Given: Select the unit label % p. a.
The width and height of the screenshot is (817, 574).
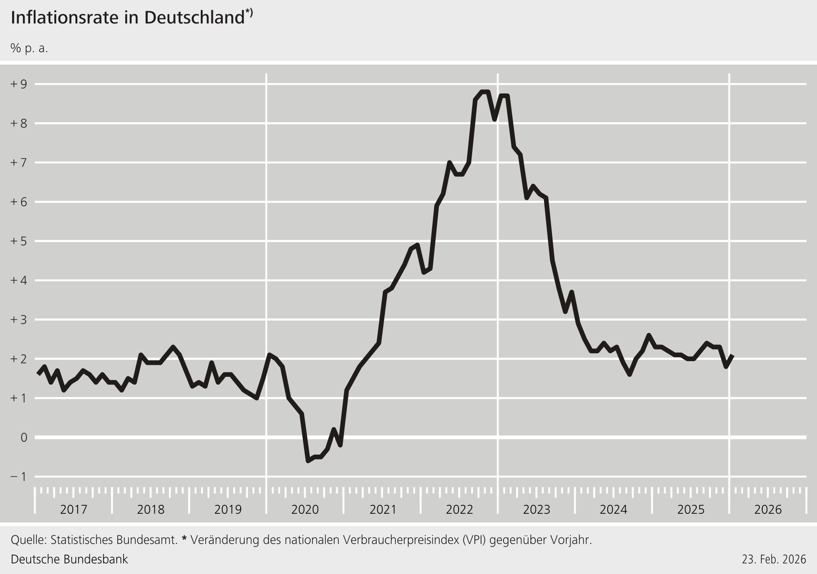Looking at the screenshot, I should (29, 49).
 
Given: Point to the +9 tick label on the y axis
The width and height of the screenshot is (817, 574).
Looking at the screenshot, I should (18, 84).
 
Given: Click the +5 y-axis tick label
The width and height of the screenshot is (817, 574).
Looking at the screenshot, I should (18, 241).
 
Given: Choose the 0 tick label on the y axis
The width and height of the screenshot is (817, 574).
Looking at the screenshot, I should (24, 437).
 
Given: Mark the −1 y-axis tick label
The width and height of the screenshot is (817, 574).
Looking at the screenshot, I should (18, 477).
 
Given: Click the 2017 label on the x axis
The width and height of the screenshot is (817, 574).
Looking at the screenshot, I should (74, 509).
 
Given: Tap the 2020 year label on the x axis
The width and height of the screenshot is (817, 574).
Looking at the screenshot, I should (305, 509).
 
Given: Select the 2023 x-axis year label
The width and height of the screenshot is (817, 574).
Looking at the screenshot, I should (536, 509).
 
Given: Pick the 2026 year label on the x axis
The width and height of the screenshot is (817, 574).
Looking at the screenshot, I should (768, 509).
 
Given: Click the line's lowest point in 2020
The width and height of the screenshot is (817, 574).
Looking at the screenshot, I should (308, 461).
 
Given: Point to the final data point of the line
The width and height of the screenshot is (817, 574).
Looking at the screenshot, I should (733, 356).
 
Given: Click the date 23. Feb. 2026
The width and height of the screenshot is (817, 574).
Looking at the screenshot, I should (774, 559).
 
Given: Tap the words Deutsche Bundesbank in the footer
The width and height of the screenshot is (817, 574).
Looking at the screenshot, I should (69, 559).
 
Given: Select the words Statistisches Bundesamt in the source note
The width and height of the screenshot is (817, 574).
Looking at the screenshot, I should (114, 539).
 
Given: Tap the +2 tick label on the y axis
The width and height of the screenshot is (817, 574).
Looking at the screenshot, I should (18, 359).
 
